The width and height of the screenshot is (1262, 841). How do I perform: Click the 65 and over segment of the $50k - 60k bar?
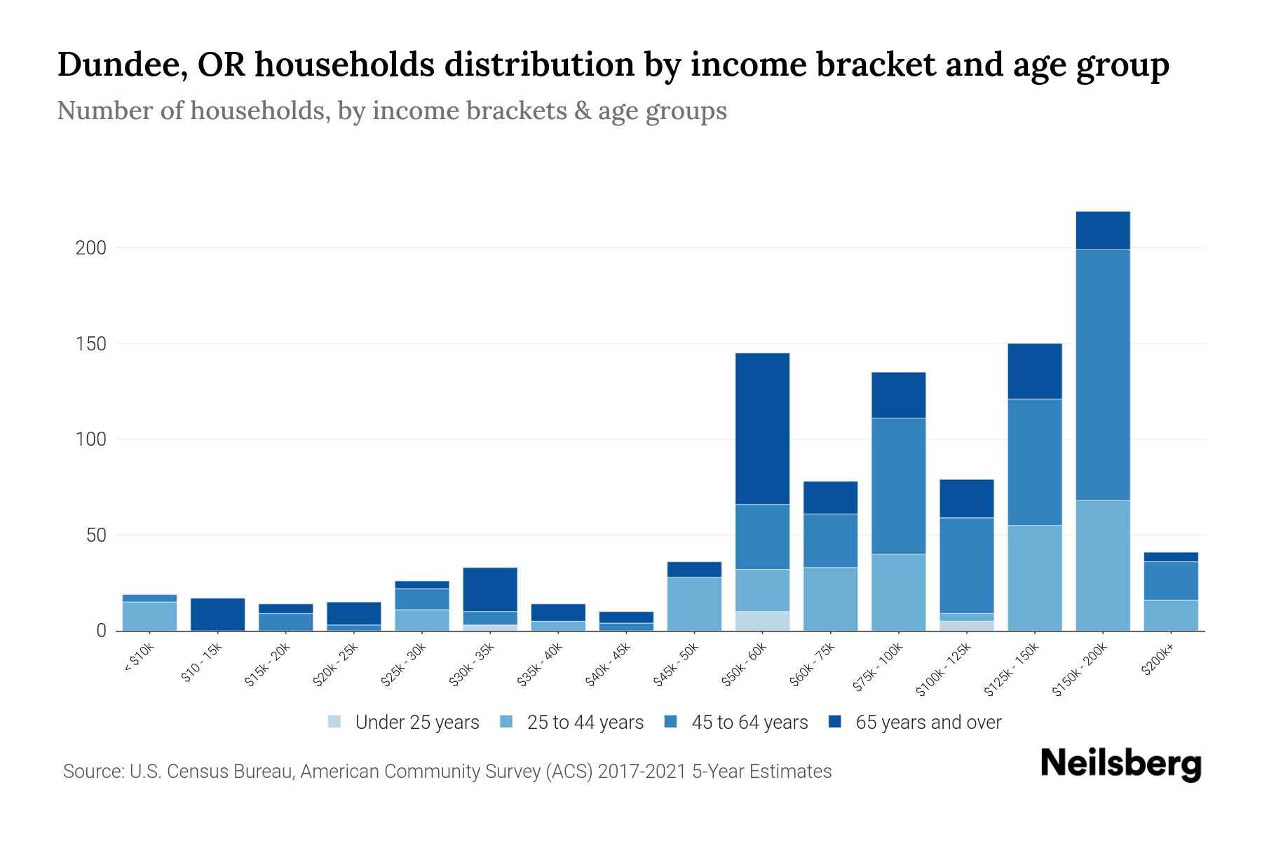click(x=762, y=428)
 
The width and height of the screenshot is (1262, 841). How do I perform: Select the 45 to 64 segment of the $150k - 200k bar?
click(x=1103, y=375)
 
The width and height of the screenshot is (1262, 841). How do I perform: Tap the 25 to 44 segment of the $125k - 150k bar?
click(x=1035, y=577)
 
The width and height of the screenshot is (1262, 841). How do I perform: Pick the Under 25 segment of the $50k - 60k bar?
click(x=762, y=621)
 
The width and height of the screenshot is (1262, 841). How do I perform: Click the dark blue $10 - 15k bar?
click(x=217, y=614)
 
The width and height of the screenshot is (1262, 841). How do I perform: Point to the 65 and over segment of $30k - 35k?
click(x=490, y=589)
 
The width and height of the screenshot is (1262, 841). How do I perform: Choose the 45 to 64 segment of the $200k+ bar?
click(x=1171, y=580)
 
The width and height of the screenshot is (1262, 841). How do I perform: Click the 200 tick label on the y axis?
click(x=90, y=248)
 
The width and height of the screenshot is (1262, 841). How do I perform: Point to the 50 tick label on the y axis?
click(x=95, y=535)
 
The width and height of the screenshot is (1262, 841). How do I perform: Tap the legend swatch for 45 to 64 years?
click(x=671, y=722)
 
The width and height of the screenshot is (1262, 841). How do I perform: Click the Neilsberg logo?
click(x=1120, y=764)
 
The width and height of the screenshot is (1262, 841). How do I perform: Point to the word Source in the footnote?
click(x=92, y=772)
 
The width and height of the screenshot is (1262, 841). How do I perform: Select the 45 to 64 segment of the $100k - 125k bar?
click(x=967, y=565)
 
